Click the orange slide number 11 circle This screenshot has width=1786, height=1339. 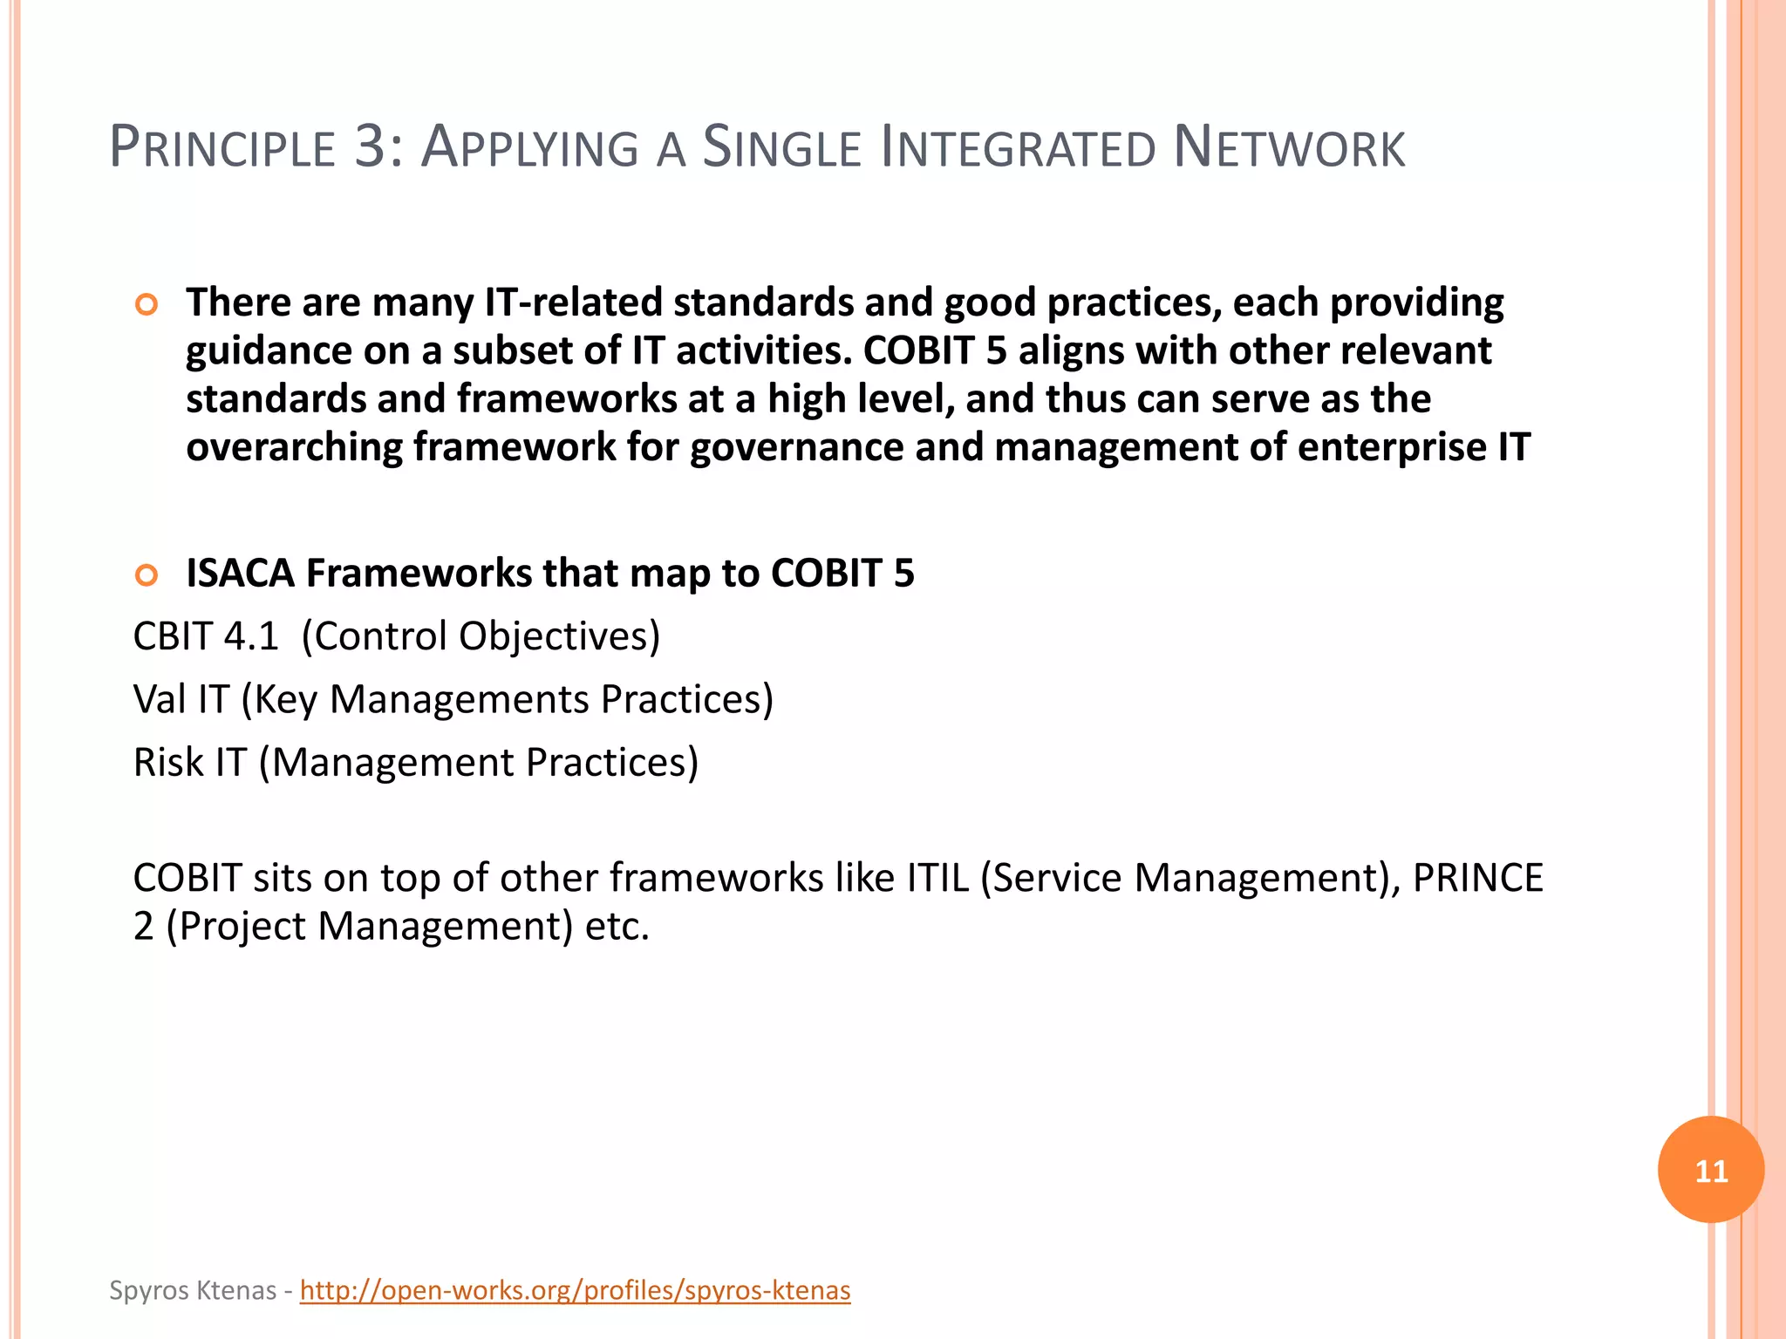click(1710, 1170)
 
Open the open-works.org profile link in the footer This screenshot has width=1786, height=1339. click(575, 1290)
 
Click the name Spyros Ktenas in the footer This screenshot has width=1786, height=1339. click(193, 1290)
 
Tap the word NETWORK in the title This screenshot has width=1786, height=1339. click(1289, 147)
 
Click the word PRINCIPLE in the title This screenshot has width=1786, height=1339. click(222, 147)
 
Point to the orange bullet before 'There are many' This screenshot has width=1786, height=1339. click(147, 305)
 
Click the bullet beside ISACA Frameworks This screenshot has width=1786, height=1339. click(147, 575)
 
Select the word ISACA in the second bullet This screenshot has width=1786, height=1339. click(240, 574)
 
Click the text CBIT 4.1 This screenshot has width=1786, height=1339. click(205, 636)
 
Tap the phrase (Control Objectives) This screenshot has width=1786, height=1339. click(481, 636)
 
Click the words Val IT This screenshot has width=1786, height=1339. click(181, 699)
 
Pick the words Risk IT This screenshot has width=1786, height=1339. click(189, 763)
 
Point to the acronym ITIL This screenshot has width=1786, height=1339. click(937, 878)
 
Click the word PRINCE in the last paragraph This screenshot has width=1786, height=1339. click(1477, 878)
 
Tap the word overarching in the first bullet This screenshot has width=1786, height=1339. click(294, 448)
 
